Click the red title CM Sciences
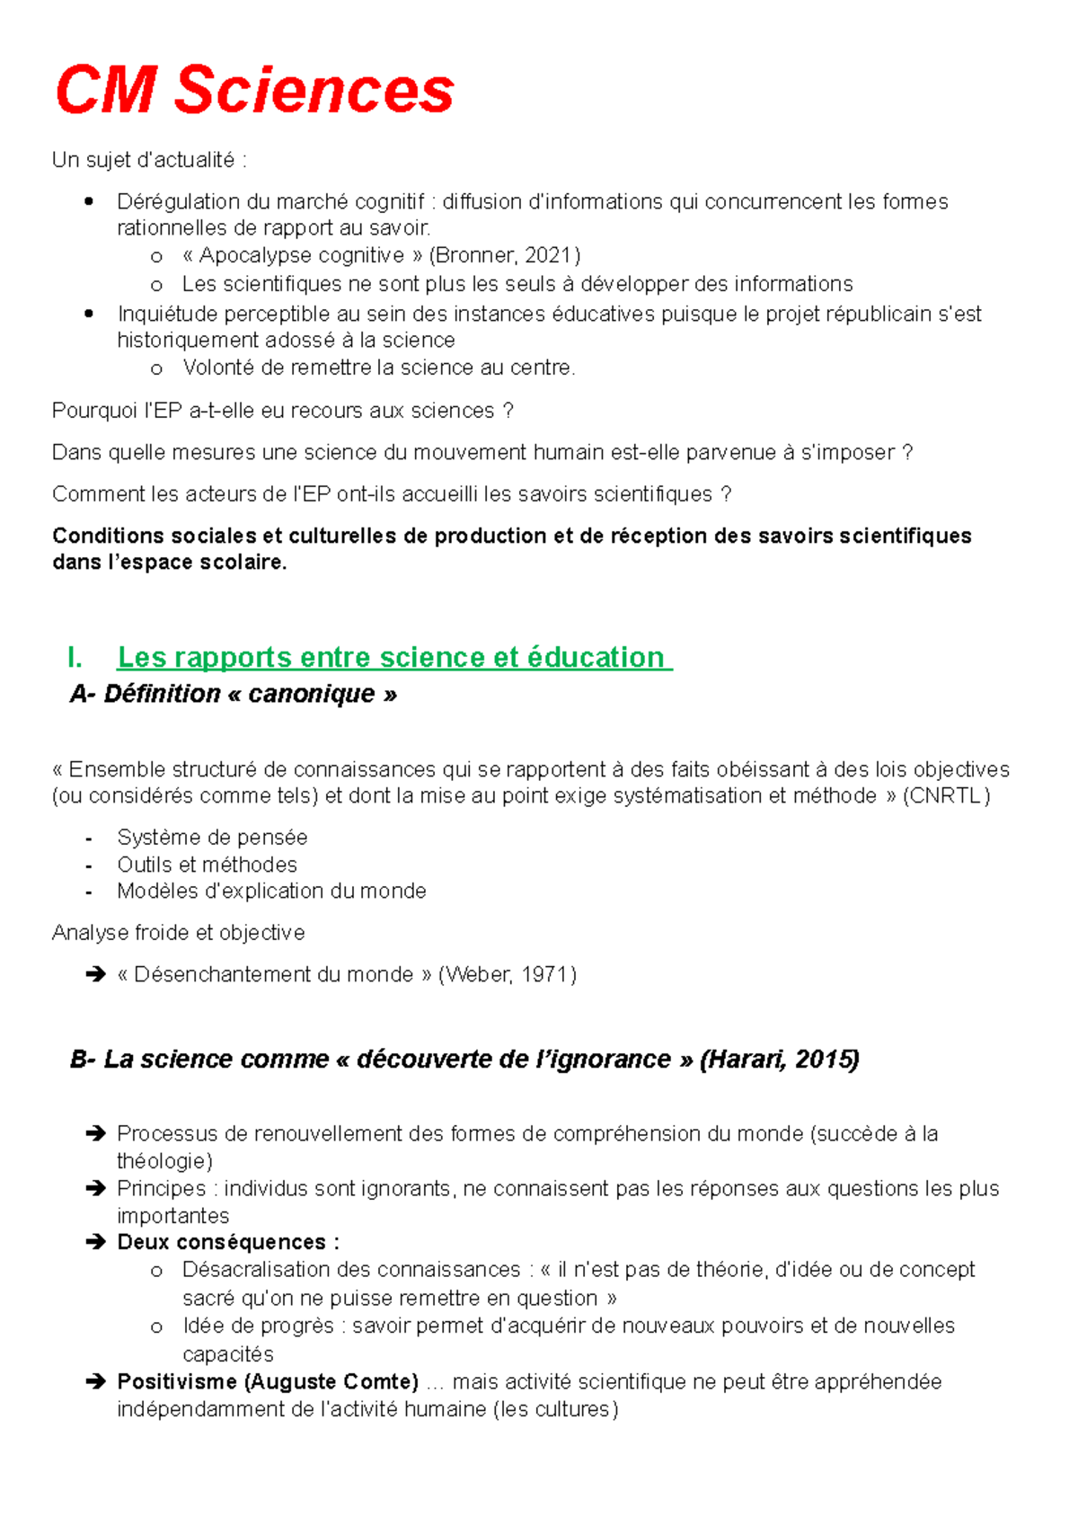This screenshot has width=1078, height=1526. coord(254,90)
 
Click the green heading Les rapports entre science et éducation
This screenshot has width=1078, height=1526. coord(393,657)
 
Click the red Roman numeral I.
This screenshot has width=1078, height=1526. coord(75,657)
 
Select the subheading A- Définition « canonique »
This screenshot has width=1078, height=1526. coord(234,694)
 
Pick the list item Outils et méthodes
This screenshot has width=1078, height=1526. coord(207,865)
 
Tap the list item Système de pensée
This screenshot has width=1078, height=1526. coord(212,838)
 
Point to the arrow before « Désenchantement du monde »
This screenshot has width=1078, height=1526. coord(95,974)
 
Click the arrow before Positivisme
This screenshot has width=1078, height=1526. coord(95,1381)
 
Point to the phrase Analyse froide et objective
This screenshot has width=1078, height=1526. coord(178,933)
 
